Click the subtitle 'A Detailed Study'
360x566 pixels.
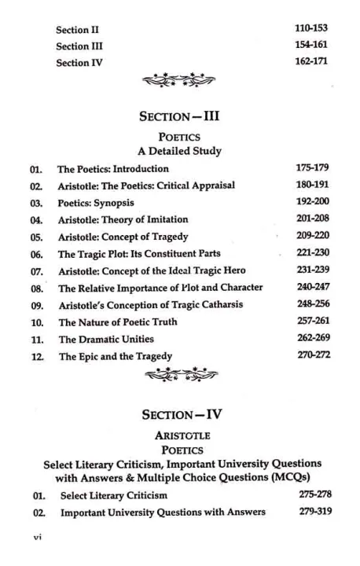[180, 151]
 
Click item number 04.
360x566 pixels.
[33, 220]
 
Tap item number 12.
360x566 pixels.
[33, 357]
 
